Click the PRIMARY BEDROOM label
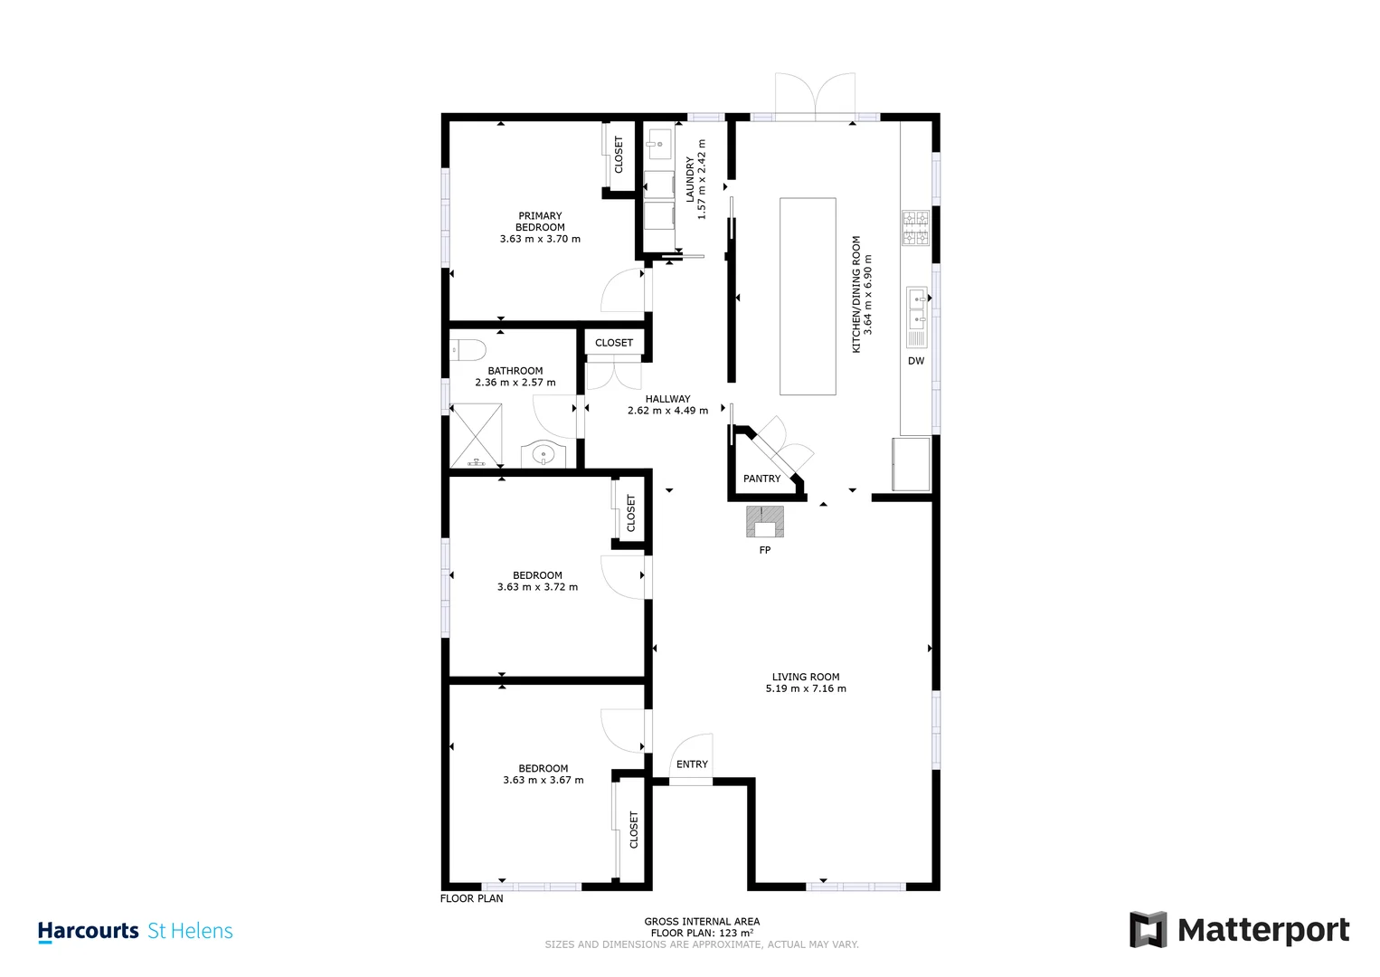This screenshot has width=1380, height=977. point(540,222)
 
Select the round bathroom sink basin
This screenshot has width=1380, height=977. point(543,455)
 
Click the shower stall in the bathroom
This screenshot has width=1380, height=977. point(476,435)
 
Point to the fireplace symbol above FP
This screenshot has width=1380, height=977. point(764,521)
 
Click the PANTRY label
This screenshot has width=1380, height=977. point(761,479)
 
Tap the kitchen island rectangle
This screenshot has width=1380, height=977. point(808,297)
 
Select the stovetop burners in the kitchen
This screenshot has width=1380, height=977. point(915,228)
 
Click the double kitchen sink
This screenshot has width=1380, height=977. point(917,308)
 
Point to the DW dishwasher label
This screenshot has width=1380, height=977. point(916,361)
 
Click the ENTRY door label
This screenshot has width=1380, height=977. point(692,764)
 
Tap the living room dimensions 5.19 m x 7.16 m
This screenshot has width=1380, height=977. point(806,688)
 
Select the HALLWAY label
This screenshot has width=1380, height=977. point(667,399)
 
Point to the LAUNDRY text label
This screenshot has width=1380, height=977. point(690,179)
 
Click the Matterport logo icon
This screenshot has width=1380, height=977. point(1148,930)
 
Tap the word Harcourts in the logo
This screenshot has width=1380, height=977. point(88,931)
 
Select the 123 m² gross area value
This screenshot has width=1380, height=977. point(736,933)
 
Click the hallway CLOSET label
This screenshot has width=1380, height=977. point(614,343)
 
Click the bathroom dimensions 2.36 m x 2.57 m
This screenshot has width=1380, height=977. point(515,382)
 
